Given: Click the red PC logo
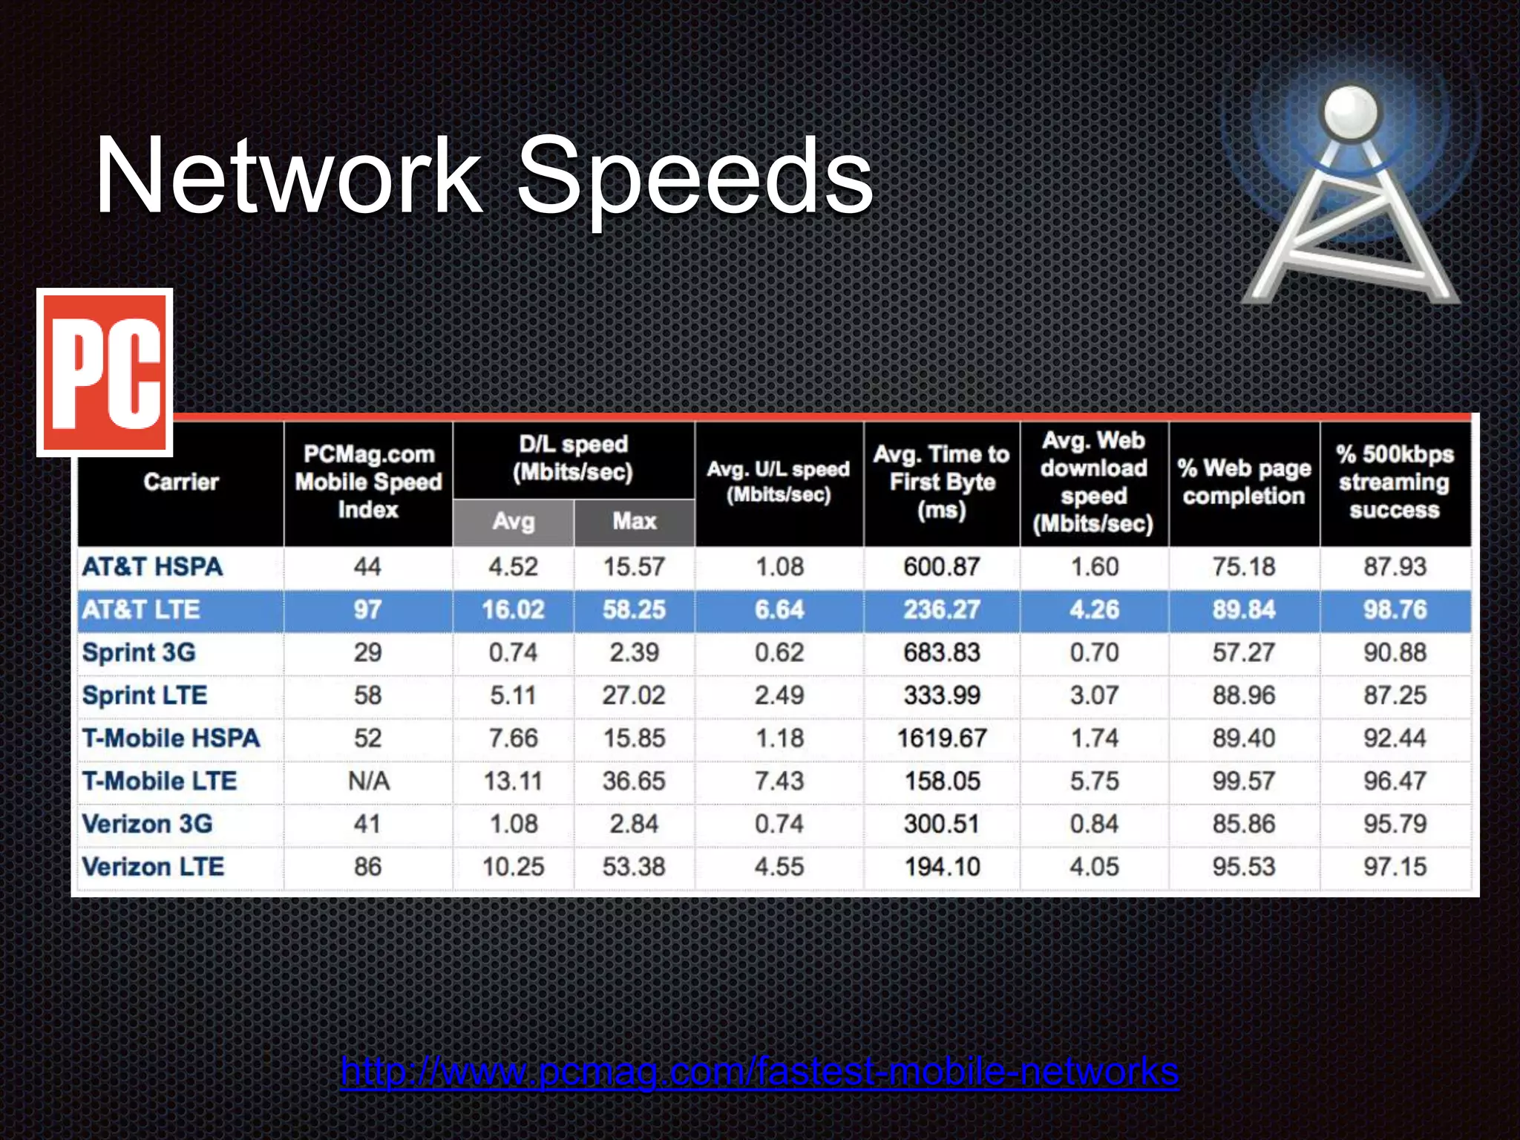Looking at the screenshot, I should (x=105, y=373).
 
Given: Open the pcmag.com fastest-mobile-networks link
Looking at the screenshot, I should (x=759, y=1071).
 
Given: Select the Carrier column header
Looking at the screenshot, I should (x=181, y=482).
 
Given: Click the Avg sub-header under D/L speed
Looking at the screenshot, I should (x=513, y=522).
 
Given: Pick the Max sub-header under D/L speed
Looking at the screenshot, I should (x=635, y=522).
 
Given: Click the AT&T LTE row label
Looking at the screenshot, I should (x=141, y=610).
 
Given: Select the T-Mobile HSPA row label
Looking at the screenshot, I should (x=171, y=738).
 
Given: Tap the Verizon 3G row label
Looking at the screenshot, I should (x=147, y=824).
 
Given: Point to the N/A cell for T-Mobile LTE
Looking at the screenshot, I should (x=368, y=782).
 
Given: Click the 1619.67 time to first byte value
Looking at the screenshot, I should (x=942, y=738).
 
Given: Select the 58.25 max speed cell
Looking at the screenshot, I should (x=635, y=610).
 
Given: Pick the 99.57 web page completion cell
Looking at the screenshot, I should (x=1244, y=782).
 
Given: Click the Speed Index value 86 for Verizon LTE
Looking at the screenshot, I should (x=368, y=867).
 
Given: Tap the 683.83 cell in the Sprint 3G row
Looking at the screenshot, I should (x=942, y=653).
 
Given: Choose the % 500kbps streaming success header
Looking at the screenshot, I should (x=1395, y=482).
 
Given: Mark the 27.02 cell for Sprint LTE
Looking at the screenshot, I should (x=635, y=696).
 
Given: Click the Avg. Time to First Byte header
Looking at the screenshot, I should (x=942, y=482).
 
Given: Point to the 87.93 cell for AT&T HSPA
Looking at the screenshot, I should (x=1395, y=567).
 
